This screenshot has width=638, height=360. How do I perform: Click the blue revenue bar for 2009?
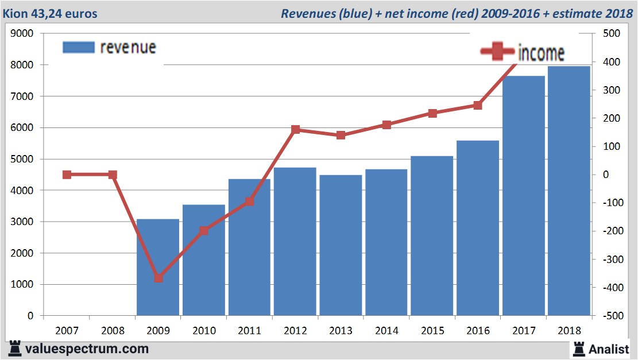tap(158, 267)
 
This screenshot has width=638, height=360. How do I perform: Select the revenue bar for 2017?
tap(523, 195)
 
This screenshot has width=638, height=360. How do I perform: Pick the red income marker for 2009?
tap(158, 278)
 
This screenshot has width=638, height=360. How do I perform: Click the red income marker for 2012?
tap(296, 130)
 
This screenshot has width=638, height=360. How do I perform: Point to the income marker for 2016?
tap(478, 105)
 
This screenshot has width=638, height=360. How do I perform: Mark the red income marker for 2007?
tap(67, 175)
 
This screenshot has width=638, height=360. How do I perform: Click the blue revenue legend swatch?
tap(78, 47)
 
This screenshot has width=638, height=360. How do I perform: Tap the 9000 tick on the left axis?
tap(22, 34)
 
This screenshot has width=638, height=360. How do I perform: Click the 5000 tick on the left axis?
tap(22, 159)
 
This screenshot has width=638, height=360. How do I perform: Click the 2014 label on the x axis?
tap(386, 331)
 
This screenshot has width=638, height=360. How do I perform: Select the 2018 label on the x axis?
tap(569, 331)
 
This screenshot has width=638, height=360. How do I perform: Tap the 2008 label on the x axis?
tap(113, 331)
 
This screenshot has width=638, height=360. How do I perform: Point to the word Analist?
tap(609, 349)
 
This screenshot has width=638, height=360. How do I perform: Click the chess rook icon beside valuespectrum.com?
tap(16, 349)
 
